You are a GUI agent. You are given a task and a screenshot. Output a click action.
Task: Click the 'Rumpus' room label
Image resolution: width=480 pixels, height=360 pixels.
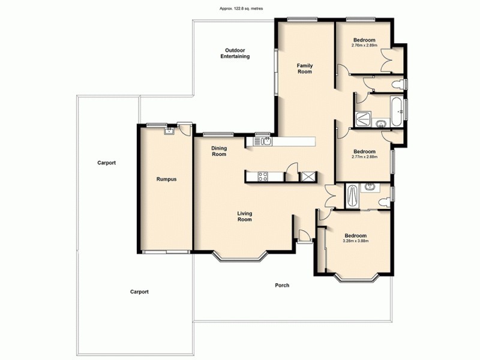(166, 179)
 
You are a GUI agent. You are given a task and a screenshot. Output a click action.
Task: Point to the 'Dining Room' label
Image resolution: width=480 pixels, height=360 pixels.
(218, 151)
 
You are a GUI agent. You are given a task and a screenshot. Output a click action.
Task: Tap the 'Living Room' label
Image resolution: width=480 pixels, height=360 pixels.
(244, 216)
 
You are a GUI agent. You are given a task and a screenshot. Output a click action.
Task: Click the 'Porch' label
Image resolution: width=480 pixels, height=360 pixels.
(282, 285)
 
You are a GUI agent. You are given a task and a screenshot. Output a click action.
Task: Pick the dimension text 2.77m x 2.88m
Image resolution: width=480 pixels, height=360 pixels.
(364, 157)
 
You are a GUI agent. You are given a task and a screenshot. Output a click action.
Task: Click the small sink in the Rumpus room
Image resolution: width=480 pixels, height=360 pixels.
(169, 130)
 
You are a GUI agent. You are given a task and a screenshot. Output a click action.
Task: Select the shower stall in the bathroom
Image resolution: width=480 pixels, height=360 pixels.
(362, 119)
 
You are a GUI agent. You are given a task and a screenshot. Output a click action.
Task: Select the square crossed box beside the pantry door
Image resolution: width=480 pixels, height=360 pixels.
(309, 176)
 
